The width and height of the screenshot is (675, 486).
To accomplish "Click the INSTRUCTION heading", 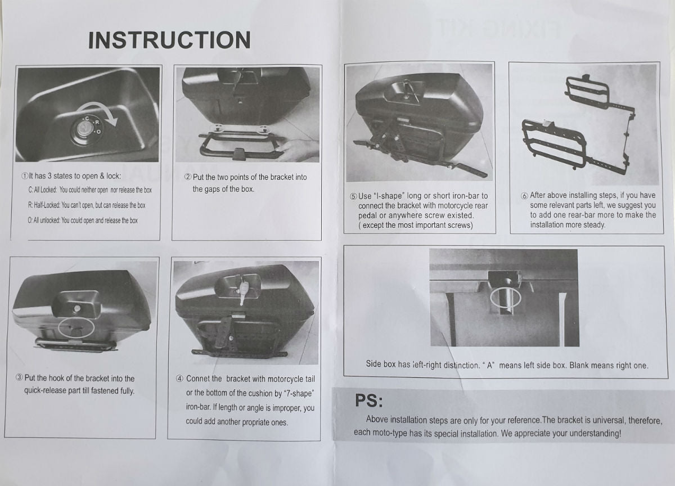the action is (169, 40).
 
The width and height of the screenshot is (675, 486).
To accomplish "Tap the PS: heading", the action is (369, 400).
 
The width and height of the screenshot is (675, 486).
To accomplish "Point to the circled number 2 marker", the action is (188, 177).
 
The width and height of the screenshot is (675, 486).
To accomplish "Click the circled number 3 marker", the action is (19, 377).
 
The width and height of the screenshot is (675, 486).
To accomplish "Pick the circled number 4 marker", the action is (180, 379).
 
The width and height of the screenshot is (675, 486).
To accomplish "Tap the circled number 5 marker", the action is (353, 196).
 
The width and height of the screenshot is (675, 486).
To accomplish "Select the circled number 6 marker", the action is (525, 196).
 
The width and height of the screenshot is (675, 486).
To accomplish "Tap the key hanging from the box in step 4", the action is (243, 290).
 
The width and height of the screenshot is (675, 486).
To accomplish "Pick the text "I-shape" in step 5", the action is (389, 196).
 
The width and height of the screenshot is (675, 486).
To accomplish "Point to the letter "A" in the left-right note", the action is (490, 366).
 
